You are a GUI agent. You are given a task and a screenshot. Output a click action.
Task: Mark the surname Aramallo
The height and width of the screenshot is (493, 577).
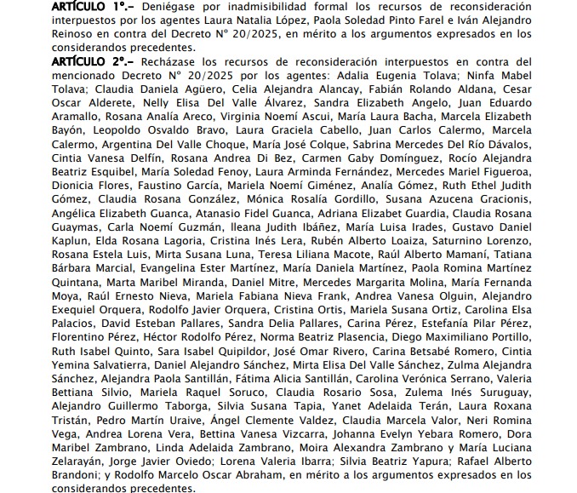82,117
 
